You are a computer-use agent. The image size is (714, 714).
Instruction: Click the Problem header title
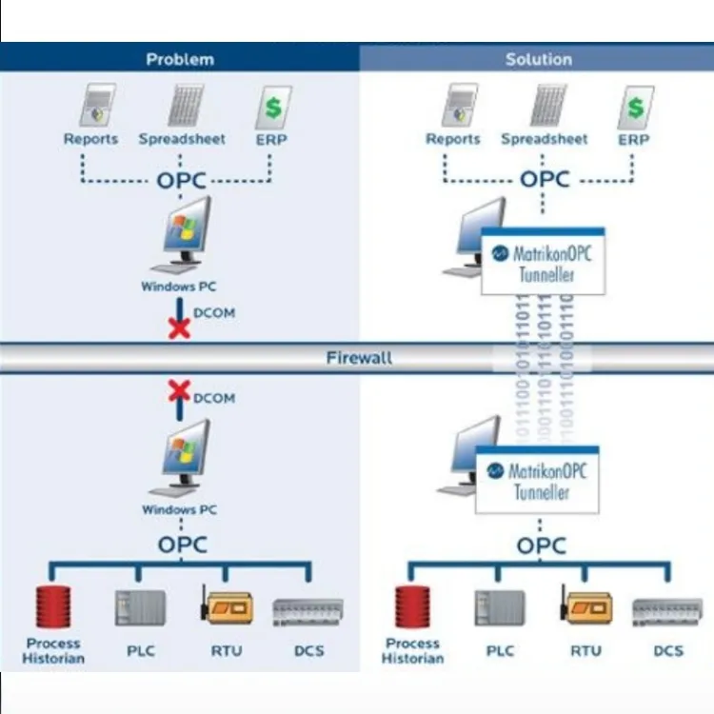180,59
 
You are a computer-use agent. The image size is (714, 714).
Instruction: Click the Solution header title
539,59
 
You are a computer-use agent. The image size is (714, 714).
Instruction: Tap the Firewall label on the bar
358,359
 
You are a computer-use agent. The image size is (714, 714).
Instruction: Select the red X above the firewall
179,328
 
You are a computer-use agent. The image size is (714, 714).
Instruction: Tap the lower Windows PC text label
179,510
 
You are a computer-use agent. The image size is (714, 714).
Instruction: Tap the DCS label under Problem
308,651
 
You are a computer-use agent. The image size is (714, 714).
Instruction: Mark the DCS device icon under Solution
668,610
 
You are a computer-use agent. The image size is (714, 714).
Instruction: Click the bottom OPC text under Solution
541,545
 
